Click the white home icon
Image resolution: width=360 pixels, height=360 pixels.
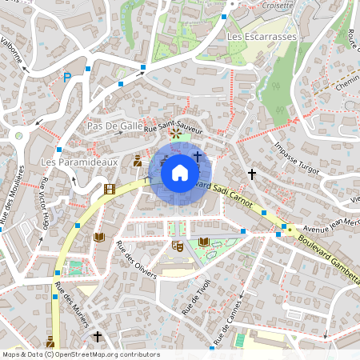[180, 172]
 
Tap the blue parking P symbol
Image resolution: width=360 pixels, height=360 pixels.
[67, 78]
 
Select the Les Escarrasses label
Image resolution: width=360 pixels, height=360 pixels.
[262, 37]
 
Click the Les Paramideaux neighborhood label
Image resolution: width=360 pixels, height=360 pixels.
[78, 162]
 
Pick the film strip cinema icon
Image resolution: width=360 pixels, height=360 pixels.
[109, 190]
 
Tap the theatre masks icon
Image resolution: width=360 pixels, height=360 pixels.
[178, 246]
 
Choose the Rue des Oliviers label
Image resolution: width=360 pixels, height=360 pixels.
[132, 255]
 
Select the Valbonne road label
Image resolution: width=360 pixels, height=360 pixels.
[14, 49]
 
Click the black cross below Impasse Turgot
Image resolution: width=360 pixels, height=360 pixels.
[251, 174]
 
